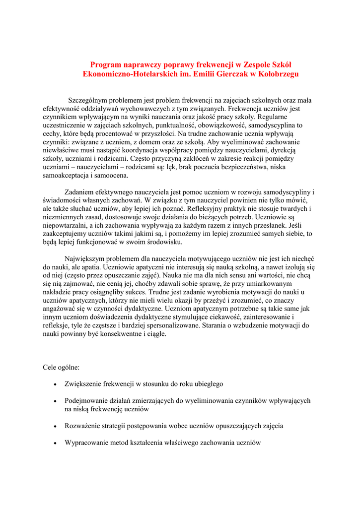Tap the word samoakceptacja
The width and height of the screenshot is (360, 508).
tap(65, 176)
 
